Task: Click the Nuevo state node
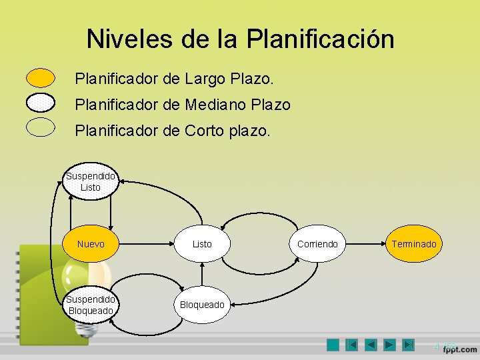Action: point(91,244)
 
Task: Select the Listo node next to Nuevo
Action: point(202,244)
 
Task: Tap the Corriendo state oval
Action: point(317,244)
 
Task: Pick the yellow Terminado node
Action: point(413,244)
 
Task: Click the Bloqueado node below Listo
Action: point(202,305)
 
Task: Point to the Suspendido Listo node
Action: point(91,182)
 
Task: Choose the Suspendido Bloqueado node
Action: point(91,305)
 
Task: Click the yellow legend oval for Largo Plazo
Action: point(41,78)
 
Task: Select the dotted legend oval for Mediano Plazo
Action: point(41,103)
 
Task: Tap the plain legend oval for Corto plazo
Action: point(41,127)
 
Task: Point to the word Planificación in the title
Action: point(320,39)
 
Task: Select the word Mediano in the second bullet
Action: point(215,105)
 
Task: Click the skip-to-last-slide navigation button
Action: point(409,345)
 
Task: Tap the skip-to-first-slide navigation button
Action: point(352,345)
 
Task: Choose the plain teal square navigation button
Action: point(333,345)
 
